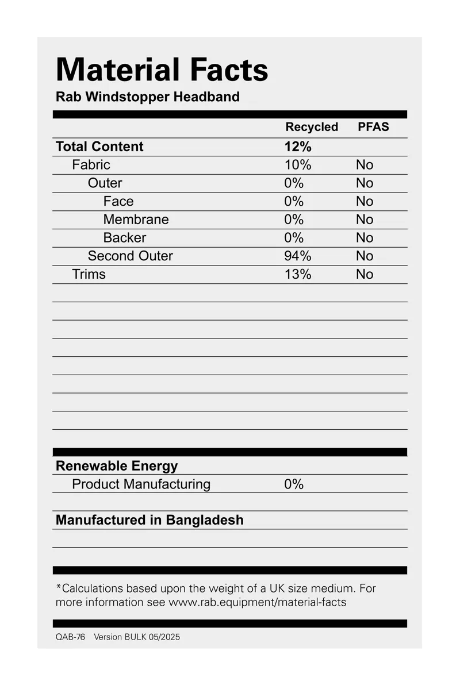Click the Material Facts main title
[x=162, y=70]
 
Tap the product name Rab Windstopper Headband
[x=147, y=97]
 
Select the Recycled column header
[x=312, y=127]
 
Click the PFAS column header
[x=373, y=127]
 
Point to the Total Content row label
[x=99, y=147]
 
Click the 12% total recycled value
[x=298, y=147]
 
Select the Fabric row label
[x=91, y=165]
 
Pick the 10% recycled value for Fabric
[x=298, y=165]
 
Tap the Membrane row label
[x=136, y=220]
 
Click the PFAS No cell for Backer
[x=365, y=238]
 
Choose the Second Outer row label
[x=130, y=256]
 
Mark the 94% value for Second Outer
[x=298, y=256]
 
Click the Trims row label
[x=89, y=274]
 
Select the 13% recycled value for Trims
[x=298, y=274]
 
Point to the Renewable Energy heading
[x=117, y=465]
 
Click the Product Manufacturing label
[x=141, y=484]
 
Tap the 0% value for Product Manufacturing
[x=294, y=484]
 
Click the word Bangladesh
[x=205, y=520]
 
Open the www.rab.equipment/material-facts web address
[x=257, y=602]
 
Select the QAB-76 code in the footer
[x=70, y=637]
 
